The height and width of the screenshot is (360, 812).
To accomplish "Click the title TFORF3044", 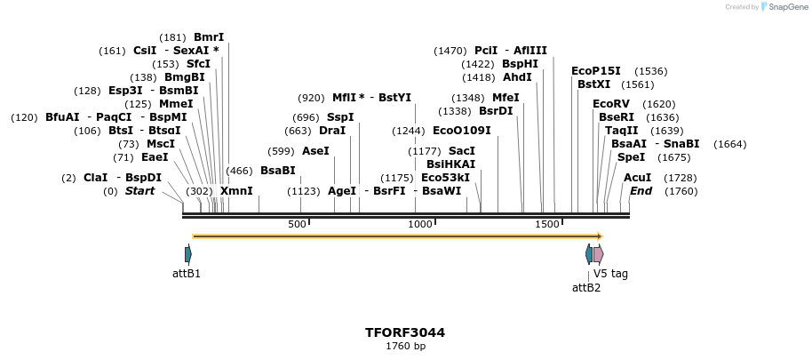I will tap(405, 332).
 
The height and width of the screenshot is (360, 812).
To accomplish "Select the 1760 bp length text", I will tap(405, 346).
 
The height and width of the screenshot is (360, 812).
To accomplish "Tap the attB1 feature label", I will tap(187, 274).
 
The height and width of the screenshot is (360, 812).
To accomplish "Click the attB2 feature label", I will tap(586, 287).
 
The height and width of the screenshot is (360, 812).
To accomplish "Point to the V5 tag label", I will tap(610, 274).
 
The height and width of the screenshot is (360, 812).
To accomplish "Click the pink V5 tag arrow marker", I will tap(598, 254).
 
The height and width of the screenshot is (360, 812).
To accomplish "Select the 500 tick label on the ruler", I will tap(297, 224).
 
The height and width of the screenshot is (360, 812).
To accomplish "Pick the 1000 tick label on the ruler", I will tap(420, 224).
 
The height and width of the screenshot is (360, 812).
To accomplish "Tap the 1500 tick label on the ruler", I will tap(546, 224).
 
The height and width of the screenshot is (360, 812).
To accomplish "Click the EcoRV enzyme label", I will tap(610, 104).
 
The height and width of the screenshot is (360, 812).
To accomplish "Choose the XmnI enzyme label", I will tap(236, 191).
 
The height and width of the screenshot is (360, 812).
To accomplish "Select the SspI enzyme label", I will tap(340, 117).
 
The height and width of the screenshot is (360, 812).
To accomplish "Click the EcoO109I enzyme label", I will tap(461, 131).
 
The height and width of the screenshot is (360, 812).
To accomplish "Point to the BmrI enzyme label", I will tap(209, 37).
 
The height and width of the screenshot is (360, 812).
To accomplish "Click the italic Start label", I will tap(139, 191).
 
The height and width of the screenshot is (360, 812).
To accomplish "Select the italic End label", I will tap(641, 191).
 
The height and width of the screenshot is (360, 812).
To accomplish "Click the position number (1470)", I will tap(450, 51).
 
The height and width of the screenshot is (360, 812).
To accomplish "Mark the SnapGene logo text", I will tap(784, 7).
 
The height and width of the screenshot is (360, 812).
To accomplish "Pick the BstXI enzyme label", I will tap(594, 84).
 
